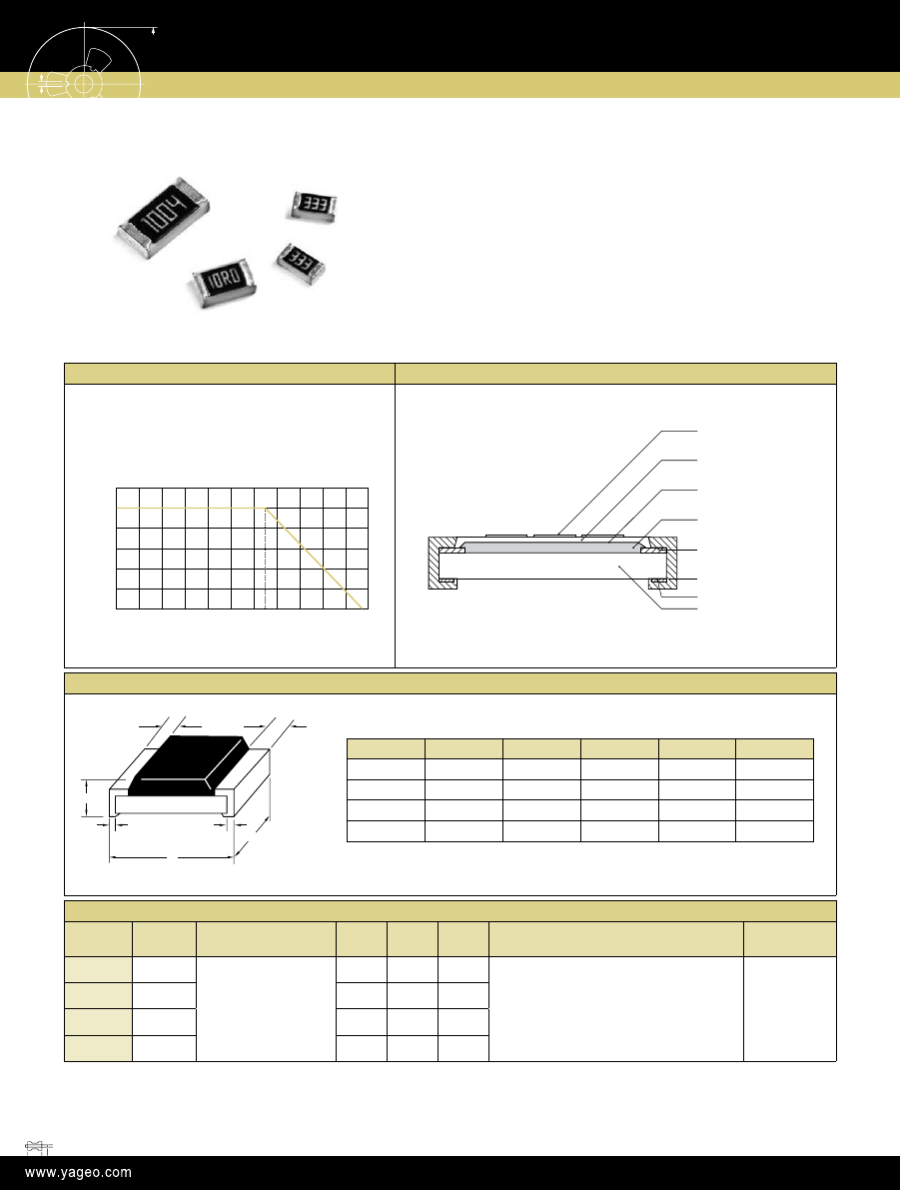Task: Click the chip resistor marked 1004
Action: pos(163,218)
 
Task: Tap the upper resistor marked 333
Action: pos(312,206)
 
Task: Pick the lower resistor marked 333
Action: pos(301,264)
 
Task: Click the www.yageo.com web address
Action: pos(78,1173)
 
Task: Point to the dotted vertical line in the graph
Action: pos(265,558)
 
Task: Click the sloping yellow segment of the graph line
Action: pos(313,558)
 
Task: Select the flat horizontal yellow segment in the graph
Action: pos(191,508)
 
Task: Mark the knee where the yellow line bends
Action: pos(265,508)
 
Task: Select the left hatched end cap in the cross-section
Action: pos(440,563)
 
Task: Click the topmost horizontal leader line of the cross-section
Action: pos(679,431)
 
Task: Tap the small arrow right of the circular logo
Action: pos(154,31)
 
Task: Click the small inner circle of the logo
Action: pos(84,84)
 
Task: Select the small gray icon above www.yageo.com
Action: pos(38,1147)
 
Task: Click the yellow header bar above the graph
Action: pos(229,374)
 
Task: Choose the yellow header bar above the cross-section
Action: pos(615,374)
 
